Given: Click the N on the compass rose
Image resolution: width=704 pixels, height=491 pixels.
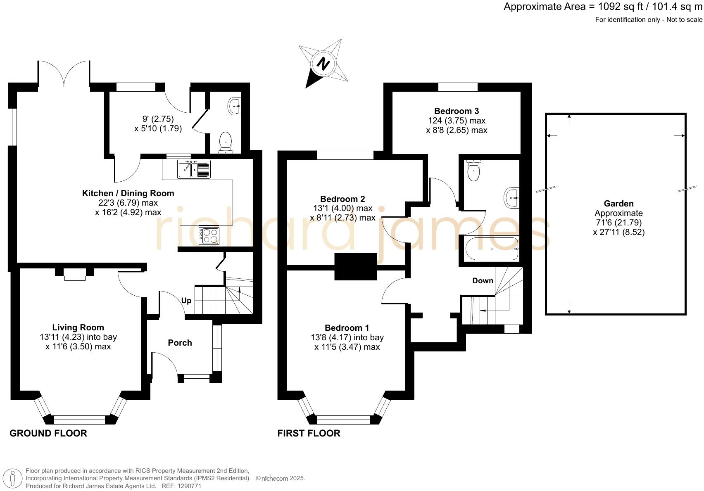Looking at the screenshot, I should click(x=323, y=64).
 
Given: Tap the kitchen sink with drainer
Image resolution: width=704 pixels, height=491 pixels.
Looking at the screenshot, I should click(x=194, y=169).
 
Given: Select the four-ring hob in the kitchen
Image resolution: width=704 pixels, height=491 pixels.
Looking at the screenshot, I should click(x=209, y=236).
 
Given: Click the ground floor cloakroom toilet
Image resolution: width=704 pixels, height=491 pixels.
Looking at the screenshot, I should click(x=225, y=140).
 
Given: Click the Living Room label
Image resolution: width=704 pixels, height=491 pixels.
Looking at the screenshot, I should click(x=78, y=327).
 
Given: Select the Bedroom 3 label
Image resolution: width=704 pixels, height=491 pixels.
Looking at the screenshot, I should click(x=457, y=111).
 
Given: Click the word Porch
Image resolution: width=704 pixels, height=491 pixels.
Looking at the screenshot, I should click(x=180, y=343).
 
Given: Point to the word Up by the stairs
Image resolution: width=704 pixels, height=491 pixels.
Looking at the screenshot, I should click(x=186, y=301).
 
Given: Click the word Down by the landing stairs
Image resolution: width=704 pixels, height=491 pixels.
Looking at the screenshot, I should click(x=483, y=281).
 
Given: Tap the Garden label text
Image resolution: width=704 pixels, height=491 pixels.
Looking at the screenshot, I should click(x=618, y=204).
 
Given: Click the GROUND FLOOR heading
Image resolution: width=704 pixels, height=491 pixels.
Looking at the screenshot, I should click(x=48, y=433).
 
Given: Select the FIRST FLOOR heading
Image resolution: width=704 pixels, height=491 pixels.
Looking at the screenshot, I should click(x=309, y=433).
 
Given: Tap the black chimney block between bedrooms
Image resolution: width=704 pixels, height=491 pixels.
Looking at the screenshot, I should click(x=356, y=267).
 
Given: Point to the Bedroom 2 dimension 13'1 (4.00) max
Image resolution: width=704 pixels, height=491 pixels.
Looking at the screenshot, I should click(x=342, y=208).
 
